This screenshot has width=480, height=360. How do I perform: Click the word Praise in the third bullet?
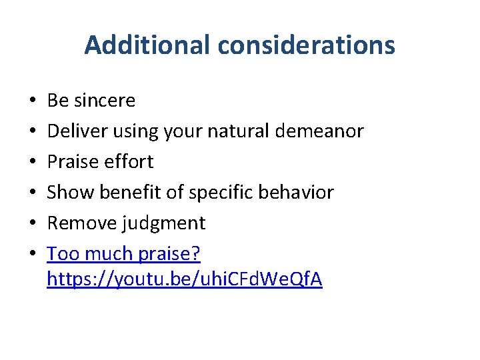pos(75,162)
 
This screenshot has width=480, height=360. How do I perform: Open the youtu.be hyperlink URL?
pos(185,280)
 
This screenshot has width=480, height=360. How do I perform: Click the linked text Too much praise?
pos(124,254)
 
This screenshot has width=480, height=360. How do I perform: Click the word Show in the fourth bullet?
pos(71,193)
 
